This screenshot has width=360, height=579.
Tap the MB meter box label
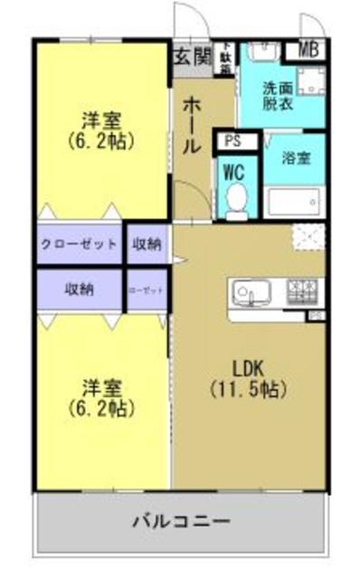point(308,50)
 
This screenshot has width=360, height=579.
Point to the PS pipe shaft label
point(231,141)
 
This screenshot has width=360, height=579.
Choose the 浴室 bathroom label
point(296,158)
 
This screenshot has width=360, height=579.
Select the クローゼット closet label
point(80,243)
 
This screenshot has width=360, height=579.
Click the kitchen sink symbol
point(250,292)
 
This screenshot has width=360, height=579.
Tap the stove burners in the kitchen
point(302,291)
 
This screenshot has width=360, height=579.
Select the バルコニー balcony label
point(181,522)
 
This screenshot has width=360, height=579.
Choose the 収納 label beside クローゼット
point(147,243)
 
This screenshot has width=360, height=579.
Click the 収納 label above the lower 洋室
point(80,290)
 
